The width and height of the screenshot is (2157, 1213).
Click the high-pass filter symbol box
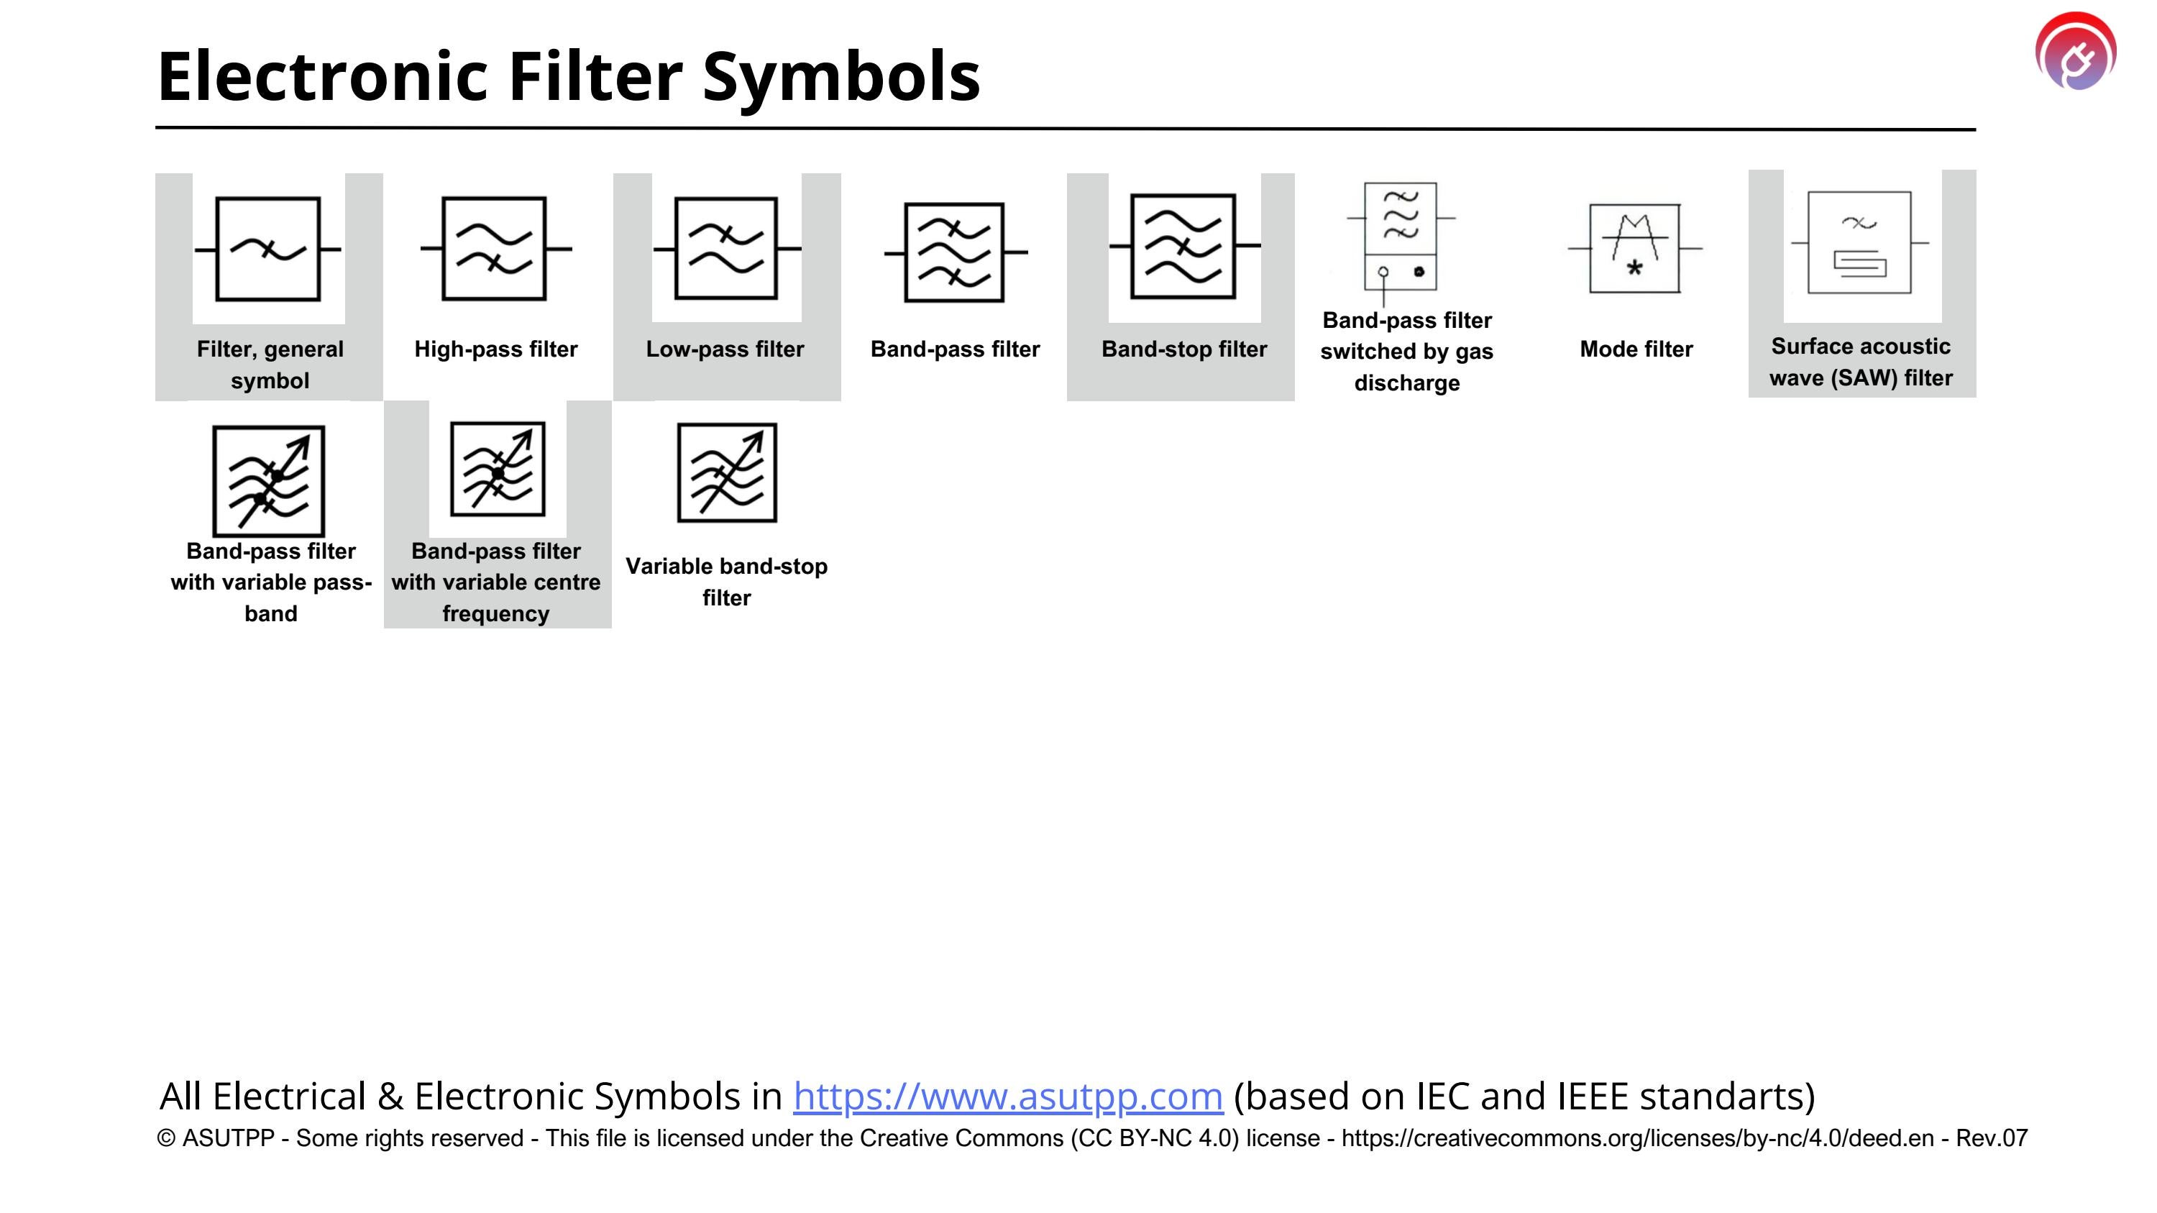click(x=494, y=249)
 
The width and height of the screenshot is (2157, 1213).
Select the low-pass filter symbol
click(x=726, y=249)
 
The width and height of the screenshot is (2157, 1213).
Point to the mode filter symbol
click(x=1634, y=249)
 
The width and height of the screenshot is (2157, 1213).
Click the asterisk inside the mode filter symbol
click(x=1634, y=269)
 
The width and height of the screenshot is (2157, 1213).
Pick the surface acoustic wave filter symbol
click(x=1859, y=243)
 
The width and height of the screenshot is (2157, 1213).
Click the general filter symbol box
click(x=268, y=249)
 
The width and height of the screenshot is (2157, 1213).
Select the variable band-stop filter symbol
click(x=727, y=472)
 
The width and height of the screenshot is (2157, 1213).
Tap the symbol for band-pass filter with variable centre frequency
click(x=498, y=469)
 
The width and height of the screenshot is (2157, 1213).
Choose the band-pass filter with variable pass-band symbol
click(x=268, y=480)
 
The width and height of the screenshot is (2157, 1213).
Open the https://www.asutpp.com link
click(x=1007, y=1096)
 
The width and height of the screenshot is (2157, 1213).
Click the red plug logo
click(x=2076, y=51)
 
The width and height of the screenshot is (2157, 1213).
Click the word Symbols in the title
click(x=841, y=76)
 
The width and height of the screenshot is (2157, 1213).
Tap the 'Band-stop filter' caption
click(x=1184, y=349)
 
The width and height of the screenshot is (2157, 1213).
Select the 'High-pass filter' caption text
click(x=495, y=349)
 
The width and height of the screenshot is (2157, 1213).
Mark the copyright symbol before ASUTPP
click(x=166, y=1138)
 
